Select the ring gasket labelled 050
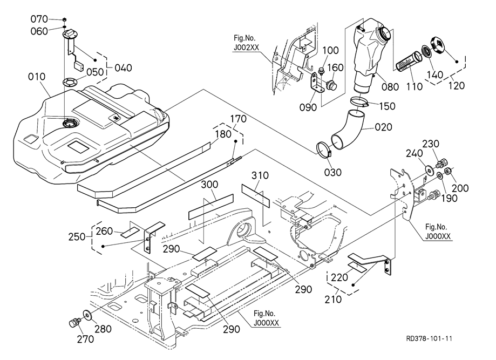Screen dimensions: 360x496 [x=70, y=82]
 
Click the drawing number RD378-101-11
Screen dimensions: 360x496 [x=430, y=338]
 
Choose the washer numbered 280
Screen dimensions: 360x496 [x=87, y=315]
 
